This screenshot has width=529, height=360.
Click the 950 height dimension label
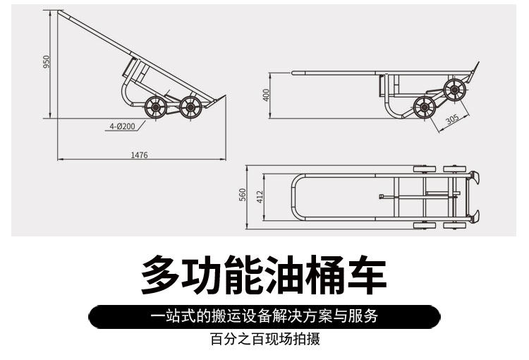[x=47, y=62]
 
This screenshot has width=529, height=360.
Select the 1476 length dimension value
[x=139, y=155]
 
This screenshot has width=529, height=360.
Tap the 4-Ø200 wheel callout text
[x=121, y=126]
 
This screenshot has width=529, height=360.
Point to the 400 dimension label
[x=267, y=95]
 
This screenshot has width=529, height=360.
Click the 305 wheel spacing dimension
[x=451, y=119]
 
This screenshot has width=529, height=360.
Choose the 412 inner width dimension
[x=260, y=196]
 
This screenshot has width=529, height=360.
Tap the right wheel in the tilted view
[x=189, y=107]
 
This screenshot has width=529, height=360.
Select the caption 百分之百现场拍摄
[x=264, y=340]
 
